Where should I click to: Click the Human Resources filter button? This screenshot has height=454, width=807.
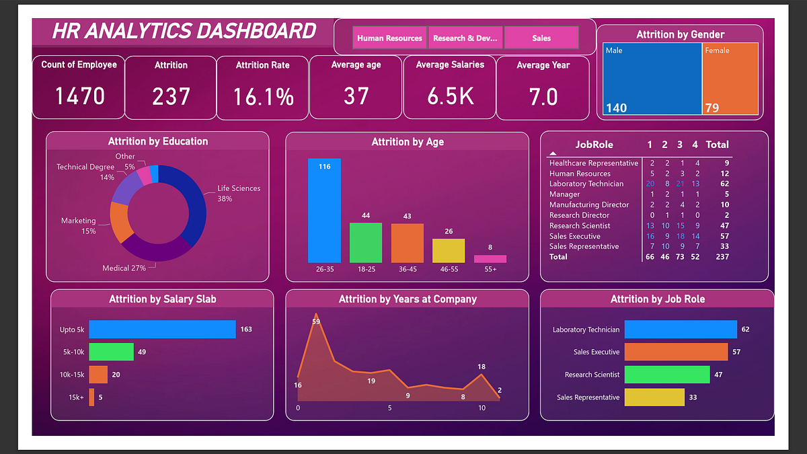[x=389, y=38]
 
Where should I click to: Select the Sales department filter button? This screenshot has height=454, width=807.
[x=541, y=38]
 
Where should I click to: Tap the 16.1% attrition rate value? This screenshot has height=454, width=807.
[x=263, y=97]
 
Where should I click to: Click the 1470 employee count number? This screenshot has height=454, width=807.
[x=79, y=97]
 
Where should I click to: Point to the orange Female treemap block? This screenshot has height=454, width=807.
[x=730, y=79]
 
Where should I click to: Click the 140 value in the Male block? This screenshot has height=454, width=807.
[x=616, y=108]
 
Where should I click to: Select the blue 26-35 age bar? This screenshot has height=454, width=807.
[x=324, y=211]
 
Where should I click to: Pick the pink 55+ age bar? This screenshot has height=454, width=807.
[x=490, y=259]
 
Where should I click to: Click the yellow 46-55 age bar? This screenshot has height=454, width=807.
[x=449, y=251]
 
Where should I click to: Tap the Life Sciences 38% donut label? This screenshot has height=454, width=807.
[x=238, y=194]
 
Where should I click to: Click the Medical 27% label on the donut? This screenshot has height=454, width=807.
[x=124, y=268]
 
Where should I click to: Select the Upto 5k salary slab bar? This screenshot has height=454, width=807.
[x=162, y=330]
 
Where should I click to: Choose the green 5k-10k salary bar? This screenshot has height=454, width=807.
[x=112, y=352]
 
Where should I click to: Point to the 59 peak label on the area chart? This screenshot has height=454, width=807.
[x=316, y=321]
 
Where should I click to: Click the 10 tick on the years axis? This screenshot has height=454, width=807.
[x=482, y=408]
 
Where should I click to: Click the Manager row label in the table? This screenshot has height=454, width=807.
[x=564, y=194]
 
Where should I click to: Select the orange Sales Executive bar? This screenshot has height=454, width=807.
[x=676, y=352]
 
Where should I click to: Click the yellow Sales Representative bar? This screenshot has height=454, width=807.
[x=654, y=398]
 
